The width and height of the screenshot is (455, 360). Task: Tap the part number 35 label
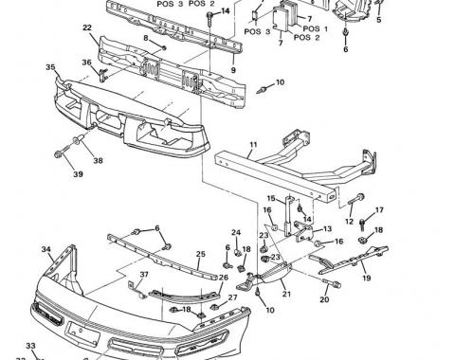[50, 68]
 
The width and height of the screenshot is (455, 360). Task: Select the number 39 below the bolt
[79, 175]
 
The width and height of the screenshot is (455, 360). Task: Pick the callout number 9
[232, 69]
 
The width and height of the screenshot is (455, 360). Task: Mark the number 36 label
[87, 63]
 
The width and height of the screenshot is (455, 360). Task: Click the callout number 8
[147, 39]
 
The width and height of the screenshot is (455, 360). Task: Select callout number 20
[323, 300]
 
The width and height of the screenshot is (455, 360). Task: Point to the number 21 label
[284, 295]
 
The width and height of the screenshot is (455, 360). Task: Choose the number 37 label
[145, 275]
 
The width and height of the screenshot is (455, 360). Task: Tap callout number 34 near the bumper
[45, 249]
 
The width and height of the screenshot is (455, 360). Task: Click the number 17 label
[379, 210]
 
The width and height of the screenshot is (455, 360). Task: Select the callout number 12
[349, 222]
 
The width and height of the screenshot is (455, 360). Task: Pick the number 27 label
[232, 297]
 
